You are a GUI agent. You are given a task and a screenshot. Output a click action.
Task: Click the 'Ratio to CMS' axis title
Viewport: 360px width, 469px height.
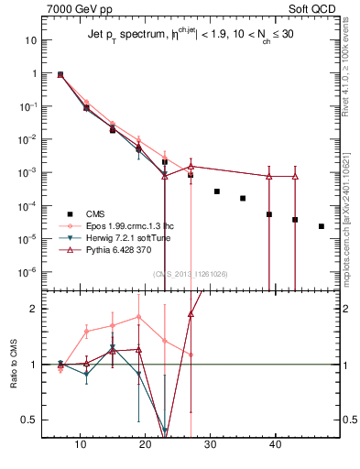pos(13,365)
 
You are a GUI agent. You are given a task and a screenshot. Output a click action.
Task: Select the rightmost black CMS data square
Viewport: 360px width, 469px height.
pos(321,226)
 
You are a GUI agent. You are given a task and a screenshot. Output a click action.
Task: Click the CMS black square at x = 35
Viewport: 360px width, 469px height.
pos(243,198)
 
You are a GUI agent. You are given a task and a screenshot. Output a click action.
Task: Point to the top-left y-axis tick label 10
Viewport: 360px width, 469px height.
pos(31,40)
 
